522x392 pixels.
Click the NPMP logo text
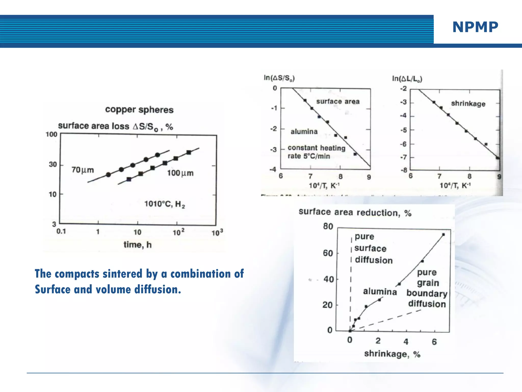475,27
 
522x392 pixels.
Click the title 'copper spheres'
139,110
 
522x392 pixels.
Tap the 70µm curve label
83,170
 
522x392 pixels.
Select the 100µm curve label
180,173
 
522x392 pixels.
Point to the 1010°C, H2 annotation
165,204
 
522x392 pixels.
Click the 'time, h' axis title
138,245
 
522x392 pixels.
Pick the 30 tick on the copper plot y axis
53,164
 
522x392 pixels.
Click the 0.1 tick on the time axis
61,231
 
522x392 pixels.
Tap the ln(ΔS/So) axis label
279,78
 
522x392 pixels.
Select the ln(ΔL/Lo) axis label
407,79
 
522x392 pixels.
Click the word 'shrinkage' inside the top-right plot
468,104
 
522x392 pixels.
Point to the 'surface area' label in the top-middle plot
338,102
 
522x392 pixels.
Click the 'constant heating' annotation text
317,148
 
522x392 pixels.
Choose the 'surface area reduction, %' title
355,212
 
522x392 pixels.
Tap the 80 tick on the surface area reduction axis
328,226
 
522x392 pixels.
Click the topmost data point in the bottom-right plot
443,235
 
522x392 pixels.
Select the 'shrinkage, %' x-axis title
392,354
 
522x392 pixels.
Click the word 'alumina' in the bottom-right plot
380,291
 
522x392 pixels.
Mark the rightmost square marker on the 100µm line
189,152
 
